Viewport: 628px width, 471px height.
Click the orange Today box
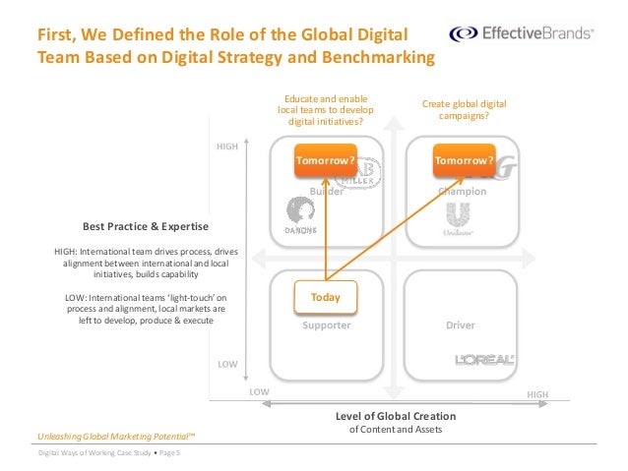(x=325, y=296)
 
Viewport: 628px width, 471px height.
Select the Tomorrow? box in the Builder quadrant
(x=325, y=160)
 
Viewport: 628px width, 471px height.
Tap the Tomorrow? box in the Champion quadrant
(x=464, y=160)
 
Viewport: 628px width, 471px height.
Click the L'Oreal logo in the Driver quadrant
(x=484, y=360)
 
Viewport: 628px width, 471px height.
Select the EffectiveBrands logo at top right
(x=522, y=33)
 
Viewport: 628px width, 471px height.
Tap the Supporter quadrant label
(x=327, y=324)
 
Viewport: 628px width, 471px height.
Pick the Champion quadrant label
(x=464, y=192)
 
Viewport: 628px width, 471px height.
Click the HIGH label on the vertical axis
(x=227, y=147)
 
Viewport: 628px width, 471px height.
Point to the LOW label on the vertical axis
(x=227, y=364)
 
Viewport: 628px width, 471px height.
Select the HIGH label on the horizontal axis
(x=537, y=393)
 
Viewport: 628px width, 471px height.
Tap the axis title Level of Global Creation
(x=396, y=416)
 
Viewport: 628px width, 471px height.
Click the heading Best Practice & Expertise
(x=131, y=225)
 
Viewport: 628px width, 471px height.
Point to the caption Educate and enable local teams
(x=325, y=110)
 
